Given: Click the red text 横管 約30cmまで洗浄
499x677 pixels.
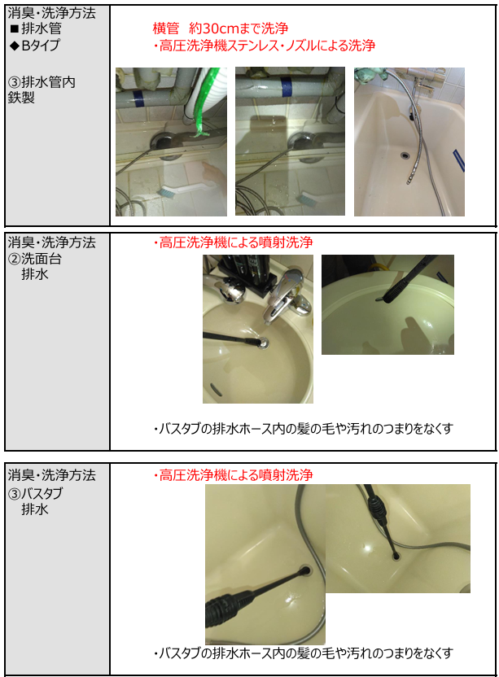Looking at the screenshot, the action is pyautogui.click(x=221, y=28).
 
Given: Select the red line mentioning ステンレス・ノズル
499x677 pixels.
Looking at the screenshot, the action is pyautogui.click(x=264, y=46).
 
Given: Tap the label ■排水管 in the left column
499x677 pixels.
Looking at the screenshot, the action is pyautogui.click(x=36, y=29).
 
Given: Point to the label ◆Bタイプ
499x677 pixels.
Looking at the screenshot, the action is pyautogui.click(x=34, y=45).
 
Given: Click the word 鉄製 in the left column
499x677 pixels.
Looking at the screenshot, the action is pyautogui.click(x=21, y=98).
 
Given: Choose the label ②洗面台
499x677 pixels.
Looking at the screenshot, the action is pyautogui.click(x=35, y=259).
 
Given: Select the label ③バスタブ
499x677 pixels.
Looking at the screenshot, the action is pyautogui.click(x=36, y=493).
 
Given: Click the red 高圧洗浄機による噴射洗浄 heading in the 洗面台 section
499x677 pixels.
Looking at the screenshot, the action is pyautogui.click(x=233, y=242).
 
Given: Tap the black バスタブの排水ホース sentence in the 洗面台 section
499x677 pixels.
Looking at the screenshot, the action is pyautogui.click(x=304, y=429).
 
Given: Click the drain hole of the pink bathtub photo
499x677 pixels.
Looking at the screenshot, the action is pyautogui.click(x=405, y=155).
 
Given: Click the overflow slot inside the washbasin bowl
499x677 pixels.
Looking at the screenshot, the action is pyautogui.click(x=216, y=390).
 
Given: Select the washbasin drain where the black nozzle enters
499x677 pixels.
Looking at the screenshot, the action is pyautogui.click(x=262, y=343).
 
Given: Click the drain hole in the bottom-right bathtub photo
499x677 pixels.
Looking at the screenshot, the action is pyautogui.click(x=396, y=557).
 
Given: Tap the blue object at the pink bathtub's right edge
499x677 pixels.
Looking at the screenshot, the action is pyautogui.click(x=459, y=160).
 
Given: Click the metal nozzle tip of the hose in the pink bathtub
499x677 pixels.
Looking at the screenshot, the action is pyautogui.click(x=409, y=178).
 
